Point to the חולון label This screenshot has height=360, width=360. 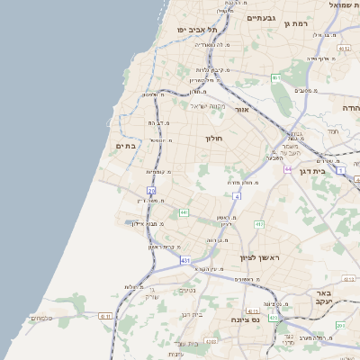point(213,139)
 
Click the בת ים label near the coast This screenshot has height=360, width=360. point(124,145)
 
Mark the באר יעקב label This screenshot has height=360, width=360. point(325,298)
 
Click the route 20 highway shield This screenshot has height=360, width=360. point(151,191)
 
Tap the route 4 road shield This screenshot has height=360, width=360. point(237,195)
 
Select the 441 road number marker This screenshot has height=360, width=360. point(184,212)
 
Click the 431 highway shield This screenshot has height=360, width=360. point(185,261)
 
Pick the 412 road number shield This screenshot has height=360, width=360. point(259,224)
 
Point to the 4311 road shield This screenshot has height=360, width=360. point(273,319)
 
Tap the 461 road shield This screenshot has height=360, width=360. point(276,78)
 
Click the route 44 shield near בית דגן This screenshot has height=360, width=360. point(288,168)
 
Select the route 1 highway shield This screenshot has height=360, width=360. point(341,169)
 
